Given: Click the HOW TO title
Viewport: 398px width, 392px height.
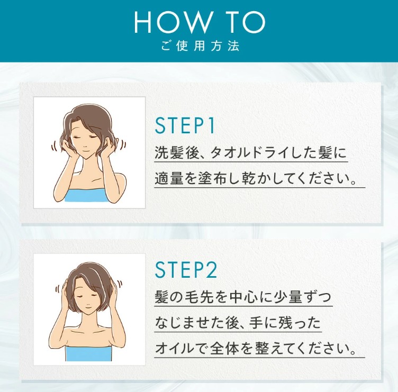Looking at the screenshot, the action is coord(200,22).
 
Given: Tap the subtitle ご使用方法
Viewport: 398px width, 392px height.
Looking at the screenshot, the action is coord(200,46).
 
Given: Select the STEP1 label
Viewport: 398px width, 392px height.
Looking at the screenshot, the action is coord(185,125).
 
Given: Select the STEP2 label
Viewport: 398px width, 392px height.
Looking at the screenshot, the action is coord(186,270).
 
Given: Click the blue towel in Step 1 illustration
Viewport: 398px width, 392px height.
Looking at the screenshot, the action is coord(86,195).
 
